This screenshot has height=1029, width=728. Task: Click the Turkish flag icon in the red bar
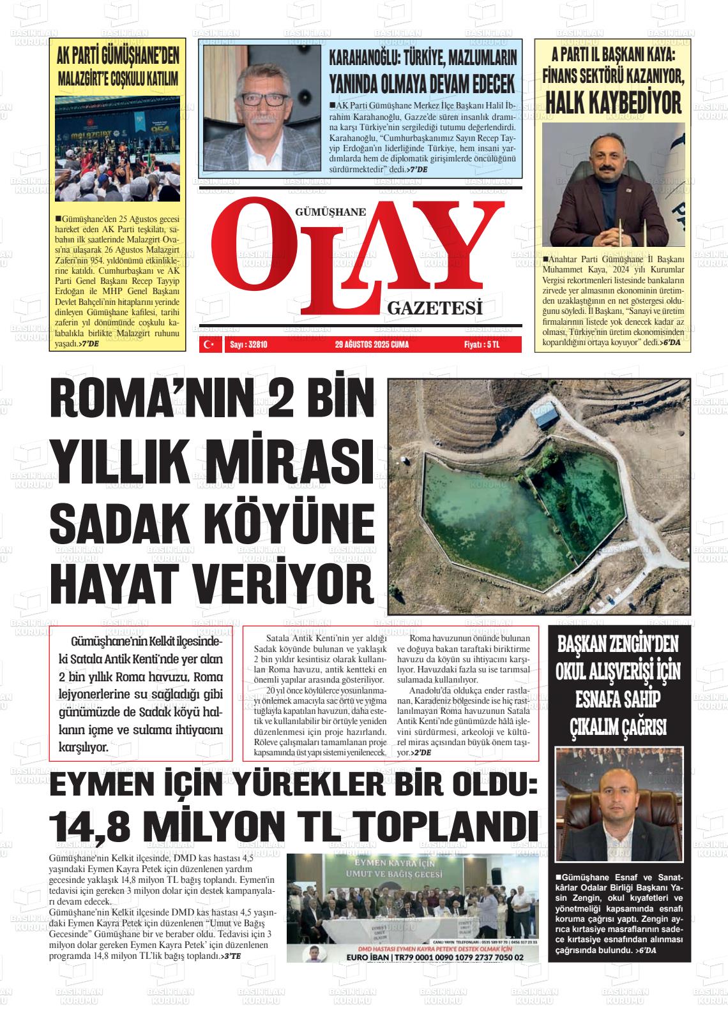coord(208,345)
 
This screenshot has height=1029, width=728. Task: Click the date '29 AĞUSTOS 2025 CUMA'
coord(371,345)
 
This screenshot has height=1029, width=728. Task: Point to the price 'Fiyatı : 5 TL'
coord(482,345)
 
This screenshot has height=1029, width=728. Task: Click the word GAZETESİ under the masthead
coord(434,309)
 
